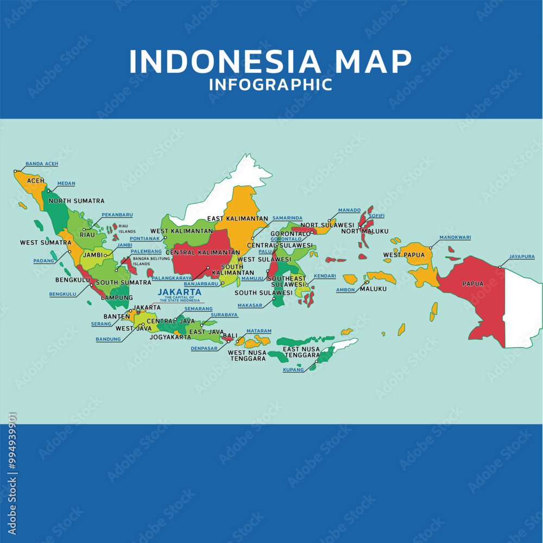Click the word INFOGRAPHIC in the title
tap(270, 85)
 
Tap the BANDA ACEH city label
tap(42, 164)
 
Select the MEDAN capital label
tap(66, 184)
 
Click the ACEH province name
tap(36, 180)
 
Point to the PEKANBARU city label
tap(117, 215)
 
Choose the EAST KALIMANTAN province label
tap(237, 219)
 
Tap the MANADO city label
tap(349, 210)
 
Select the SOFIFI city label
tap(377, 216)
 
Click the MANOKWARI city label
tap(455, 238)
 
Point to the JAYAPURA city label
tap(522, 257)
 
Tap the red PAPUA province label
tap(473, 284)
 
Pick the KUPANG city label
tap(293, 370)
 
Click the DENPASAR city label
tap(204, 348)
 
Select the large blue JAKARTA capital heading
tap(179, 292)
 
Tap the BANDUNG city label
tap(108, 340)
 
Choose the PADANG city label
tap(44, 261)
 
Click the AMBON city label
tap(345, 290)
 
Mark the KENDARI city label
tap(325, 276)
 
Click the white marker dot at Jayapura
tap(500, 267)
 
